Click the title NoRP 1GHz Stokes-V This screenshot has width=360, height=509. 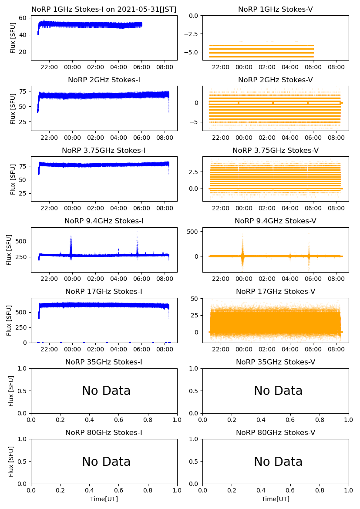(x=275, y=10)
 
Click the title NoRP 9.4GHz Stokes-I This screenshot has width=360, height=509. (x=104, y=221)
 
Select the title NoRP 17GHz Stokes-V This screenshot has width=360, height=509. (x=275, y=292)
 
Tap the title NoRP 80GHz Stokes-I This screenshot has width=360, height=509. (x=104, y=433)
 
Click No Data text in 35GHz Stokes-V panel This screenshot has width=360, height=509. (x=278, y=391)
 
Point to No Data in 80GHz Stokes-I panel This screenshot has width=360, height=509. (x=106, y=462)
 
